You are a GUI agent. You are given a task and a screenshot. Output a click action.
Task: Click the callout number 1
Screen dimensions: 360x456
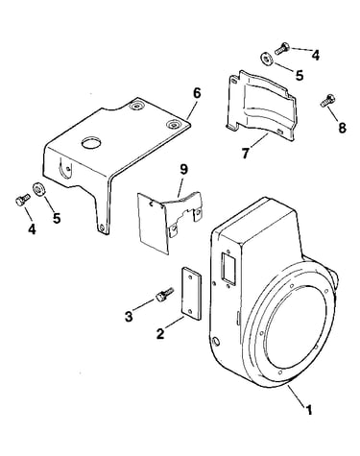[x=308, y=410]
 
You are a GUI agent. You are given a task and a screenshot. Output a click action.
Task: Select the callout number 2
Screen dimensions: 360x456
[x=160, y=333]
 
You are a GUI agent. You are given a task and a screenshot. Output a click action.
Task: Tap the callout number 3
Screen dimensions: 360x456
[x=129, y=317]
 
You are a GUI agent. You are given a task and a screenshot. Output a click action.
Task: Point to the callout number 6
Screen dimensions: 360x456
[x=197, y=93]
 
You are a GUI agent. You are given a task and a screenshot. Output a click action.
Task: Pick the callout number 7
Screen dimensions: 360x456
[x=245, y=154]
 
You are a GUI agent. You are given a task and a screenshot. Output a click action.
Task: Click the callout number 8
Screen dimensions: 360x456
[x=342, y=128]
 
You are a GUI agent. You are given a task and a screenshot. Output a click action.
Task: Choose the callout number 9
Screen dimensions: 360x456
[x=183, y=170]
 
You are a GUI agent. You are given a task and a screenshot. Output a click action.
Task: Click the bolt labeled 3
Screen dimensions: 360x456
[x=164, y=294]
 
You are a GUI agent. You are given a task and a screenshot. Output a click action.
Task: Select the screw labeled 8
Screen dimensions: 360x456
[x=327, y=100]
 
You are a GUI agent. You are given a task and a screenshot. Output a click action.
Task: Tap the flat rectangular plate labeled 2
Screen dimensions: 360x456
[x=191, y=294]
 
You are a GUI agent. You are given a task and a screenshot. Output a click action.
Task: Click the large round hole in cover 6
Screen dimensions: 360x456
[x=91, y=143]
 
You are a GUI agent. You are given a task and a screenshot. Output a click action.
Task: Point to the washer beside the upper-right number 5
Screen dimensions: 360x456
[x=265, y=60]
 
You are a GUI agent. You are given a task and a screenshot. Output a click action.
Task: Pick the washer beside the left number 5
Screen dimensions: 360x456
[x=39, y=188]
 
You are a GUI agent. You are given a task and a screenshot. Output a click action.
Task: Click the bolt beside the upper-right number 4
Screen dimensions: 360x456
[x=282, y=49]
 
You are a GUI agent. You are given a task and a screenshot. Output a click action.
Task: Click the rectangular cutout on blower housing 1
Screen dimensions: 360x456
[x=228, y=265]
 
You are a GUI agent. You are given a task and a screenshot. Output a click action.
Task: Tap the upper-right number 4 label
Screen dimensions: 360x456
[x=316, y=55]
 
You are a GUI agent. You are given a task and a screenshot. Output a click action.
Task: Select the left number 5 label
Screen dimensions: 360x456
[x=57, y=219]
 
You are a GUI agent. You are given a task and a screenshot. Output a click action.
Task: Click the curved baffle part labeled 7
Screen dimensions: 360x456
[x=261, y=106]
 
